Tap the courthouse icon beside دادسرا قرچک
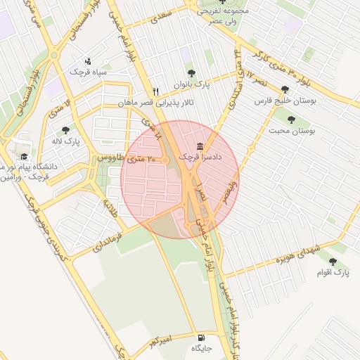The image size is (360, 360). coord(201,146)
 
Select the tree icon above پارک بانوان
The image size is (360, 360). coord(191,73)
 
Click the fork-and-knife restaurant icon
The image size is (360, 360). coord(156,91)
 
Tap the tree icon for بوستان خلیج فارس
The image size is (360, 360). coord(284,89)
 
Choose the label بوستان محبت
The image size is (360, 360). coord(292,131)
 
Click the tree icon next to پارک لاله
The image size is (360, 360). coord(66,130)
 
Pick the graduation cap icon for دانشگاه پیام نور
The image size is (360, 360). coord(24,156)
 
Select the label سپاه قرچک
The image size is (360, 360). coord(87,72)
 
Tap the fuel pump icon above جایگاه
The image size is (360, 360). coord(201,336)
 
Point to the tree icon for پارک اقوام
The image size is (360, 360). coord(333,261)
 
